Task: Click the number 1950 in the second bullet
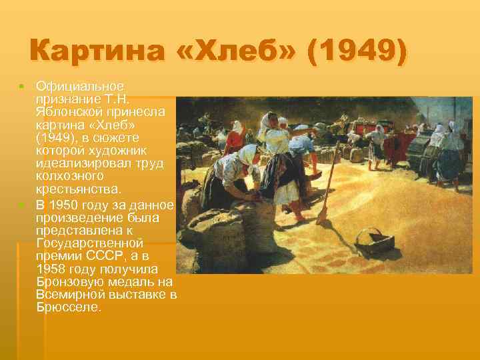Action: (68, 204)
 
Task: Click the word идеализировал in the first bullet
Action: (79, 164)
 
